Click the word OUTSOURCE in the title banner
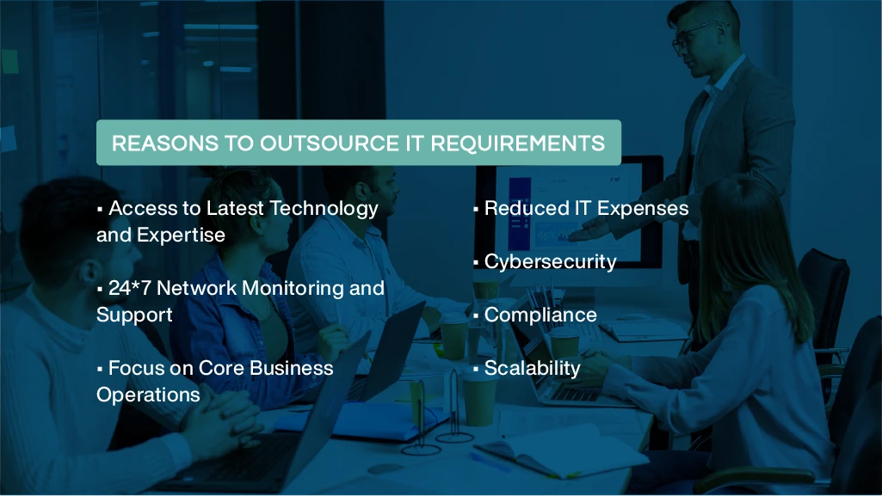coord(330,144)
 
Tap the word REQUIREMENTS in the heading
coord(517,144)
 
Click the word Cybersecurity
coord(550,262)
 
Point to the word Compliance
coord(540,315)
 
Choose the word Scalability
coord(532,369)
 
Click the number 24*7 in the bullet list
coord(129,288)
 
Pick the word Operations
coord(148,395)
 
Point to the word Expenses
coord(643,209)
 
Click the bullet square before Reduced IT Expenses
coord(475,210)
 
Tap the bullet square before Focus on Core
coord(100,370)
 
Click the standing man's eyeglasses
coord(693,34)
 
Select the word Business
coord(292,369)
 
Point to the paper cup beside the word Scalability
coord(479,400)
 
